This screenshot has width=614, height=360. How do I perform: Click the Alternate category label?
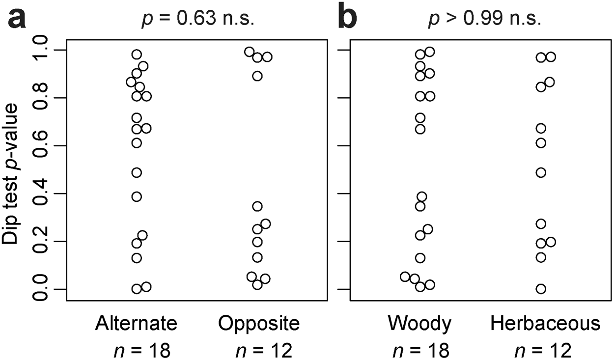(136, 324)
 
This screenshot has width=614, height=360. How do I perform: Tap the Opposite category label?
(259, 324)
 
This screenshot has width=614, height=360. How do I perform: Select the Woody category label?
(419, 324)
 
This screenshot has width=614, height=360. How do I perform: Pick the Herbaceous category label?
(545, 324)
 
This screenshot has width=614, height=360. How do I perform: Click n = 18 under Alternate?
(141, 350)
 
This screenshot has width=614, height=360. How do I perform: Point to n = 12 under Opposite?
(263, 350)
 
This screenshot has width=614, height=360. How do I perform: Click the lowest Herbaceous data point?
(541, 289)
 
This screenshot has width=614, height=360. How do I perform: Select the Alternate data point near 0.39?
(137, 196)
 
